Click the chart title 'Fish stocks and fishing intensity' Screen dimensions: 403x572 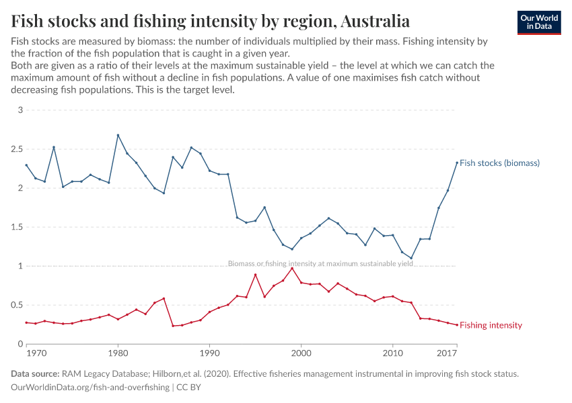point(211,21)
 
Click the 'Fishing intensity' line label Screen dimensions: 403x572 point(491,325)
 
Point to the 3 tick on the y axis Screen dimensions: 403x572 point(20,110)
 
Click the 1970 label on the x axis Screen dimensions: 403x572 point(36,353)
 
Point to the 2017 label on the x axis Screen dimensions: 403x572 point(447,353)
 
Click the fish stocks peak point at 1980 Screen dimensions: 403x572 point(118,135)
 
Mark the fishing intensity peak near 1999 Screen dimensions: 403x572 point(292,268)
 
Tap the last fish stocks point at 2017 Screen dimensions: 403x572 point(457,162)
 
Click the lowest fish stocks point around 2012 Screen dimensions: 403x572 point(411,258)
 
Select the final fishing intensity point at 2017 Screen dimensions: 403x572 point(457,325)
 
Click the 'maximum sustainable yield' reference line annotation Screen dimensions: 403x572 point(320,264)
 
